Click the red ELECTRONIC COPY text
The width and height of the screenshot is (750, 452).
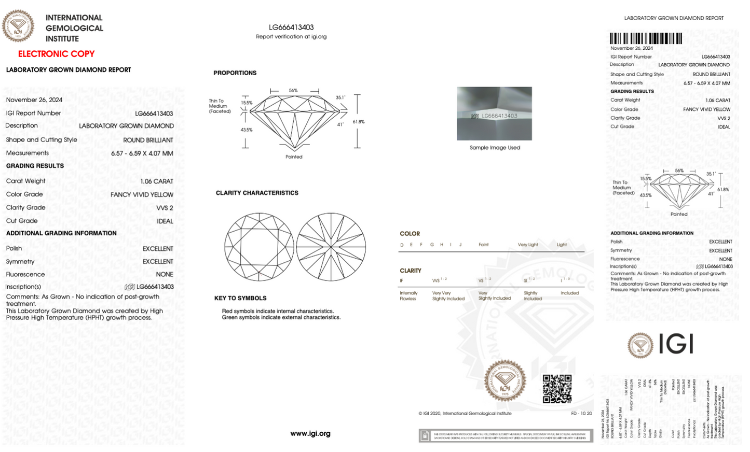click(56, 54)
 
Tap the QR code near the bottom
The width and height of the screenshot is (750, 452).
click(557, 389)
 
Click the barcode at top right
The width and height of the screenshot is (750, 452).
click(646, 38)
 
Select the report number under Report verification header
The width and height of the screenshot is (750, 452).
click(291, 27)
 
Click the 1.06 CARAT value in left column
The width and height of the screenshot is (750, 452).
click(156, 181)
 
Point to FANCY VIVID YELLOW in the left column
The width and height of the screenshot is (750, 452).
click(142, 195)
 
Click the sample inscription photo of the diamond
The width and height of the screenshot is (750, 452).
click(494, 114)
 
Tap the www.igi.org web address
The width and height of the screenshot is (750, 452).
click(310, 433)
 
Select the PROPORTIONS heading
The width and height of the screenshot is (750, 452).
click(235, 73)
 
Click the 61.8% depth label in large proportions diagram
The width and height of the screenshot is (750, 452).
click(359, 122)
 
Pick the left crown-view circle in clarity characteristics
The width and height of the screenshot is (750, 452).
click(259, 247)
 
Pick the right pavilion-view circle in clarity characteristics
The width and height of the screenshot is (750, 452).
click(331, 247)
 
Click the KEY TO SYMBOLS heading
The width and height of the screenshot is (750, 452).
click(240, 298)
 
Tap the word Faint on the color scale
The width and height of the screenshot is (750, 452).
click(483, 245)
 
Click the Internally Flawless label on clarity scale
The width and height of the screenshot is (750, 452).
click(408, 296)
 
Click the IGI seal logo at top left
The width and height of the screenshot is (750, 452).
click(18, 25)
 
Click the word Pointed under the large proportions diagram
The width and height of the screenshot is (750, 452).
click(294, 157)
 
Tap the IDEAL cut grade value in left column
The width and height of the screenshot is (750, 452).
click(165, 221)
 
